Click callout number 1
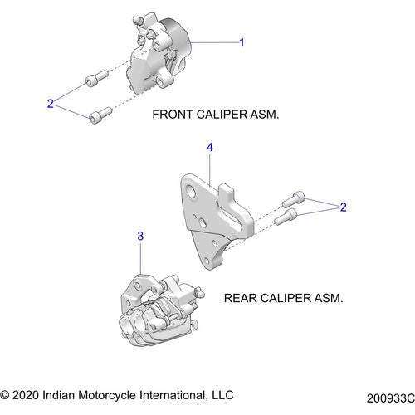click(242, 41)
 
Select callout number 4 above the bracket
click(210, 147)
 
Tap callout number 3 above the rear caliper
click(140, 237)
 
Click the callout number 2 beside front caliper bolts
click(51, 103)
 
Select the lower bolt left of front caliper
click(100, 113)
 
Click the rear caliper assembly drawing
click(158, 307)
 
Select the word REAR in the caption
click(241, 296)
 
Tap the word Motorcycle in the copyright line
click(120, 393)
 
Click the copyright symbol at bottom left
click(7, 393)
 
